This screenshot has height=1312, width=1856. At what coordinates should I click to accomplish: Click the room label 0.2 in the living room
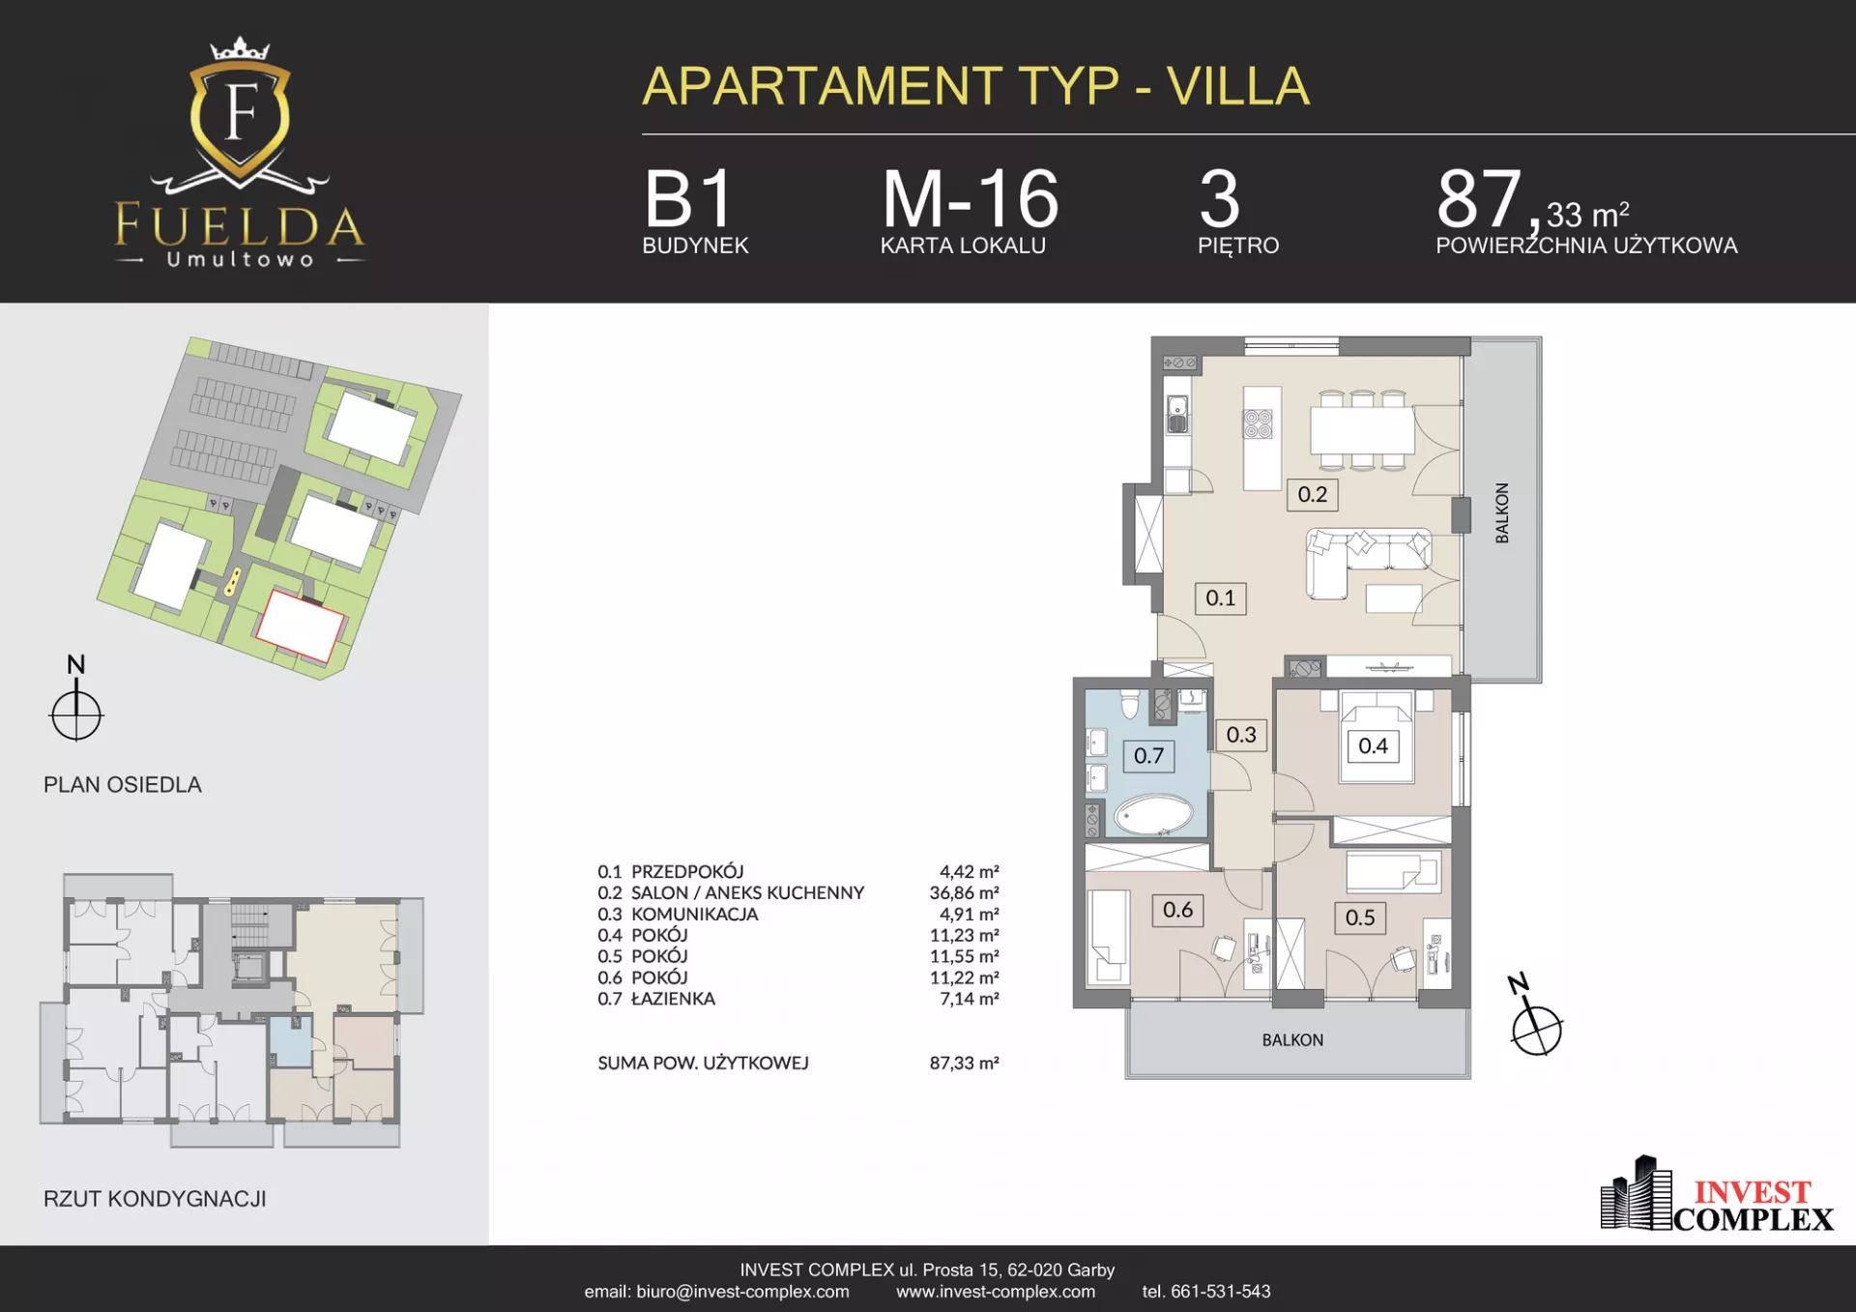click(1312, 494)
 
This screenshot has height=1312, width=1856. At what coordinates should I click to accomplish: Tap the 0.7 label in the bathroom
click(1148, 756)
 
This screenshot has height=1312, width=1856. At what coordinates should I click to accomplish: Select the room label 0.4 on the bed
click(1373, 745)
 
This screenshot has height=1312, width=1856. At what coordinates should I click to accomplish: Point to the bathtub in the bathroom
click(1153, 815)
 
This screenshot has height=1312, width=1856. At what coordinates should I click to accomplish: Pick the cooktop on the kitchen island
click(1258, 423)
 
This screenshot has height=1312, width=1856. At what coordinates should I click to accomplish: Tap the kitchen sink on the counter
click(1177, 414)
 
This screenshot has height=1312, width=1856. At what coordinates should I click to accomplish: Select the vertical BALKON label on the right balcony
click(1502, 512)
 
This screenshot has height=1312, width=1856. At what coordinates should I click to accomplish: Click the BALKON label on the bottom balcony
click(1292, 1040)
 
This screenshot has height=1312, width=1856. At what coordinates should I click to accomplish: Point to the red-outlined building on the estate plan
click(300, 626)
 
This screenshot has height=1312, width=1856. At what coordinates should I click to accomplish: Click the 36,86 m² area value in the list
click(964, 892)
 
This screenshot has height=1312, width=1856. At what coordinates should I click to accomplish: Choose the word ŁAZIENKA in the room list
click(673, 999)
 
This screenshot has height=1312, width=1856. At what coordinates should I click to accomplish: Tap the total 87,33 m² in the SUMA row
click(964, 1063)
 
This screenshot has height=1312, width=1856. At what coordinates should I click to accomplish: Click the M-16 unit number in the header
click(971, 199)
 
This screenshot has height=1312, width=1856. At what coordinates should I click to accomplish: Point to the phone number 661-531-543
click(1220, 1292)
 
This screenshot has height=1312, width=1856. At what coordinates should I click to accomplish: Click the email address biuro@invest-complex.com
click(742, 1292)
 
